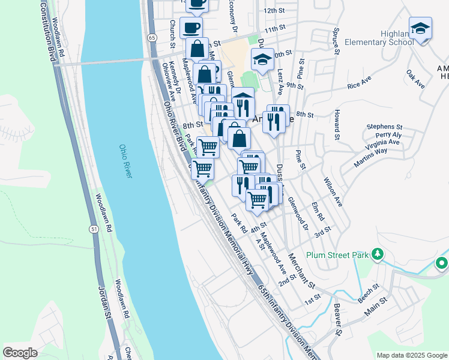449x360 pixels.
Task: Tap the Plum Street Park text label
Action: [336, 255]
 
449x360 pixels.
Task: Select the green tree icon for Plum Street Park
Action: [377, 254]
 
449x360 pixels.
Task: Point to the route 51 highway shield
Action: [94, 229]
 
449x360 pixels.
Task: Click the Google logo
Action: [20, 353]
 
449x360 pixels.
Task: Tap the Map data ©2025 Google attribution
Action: [411, 355]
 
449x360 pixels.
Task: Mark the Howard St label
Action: [339, 123]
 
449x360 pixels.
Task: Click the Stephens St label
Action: [385, 127]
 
